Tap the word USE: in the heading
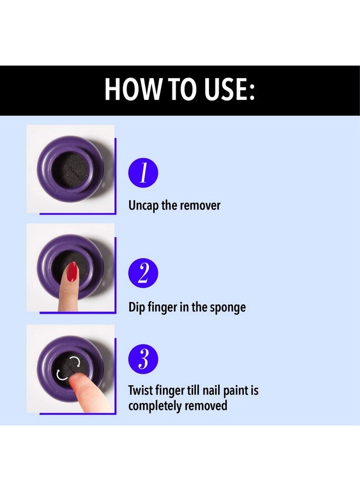[x=230, y=89]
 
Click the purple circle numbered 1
[x=143, y=172]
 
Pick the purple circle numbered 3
[x=143, y=359]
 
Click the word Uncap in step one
[x=144, y=206]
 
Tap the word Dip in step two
[x=136, y=307]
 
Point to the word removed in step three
[x=206, y=405]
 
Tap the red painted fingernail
[x=73, y=272]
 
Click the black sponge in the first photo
[x=71, y=170]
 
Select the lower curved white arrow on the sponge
[x=61, y=374]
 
